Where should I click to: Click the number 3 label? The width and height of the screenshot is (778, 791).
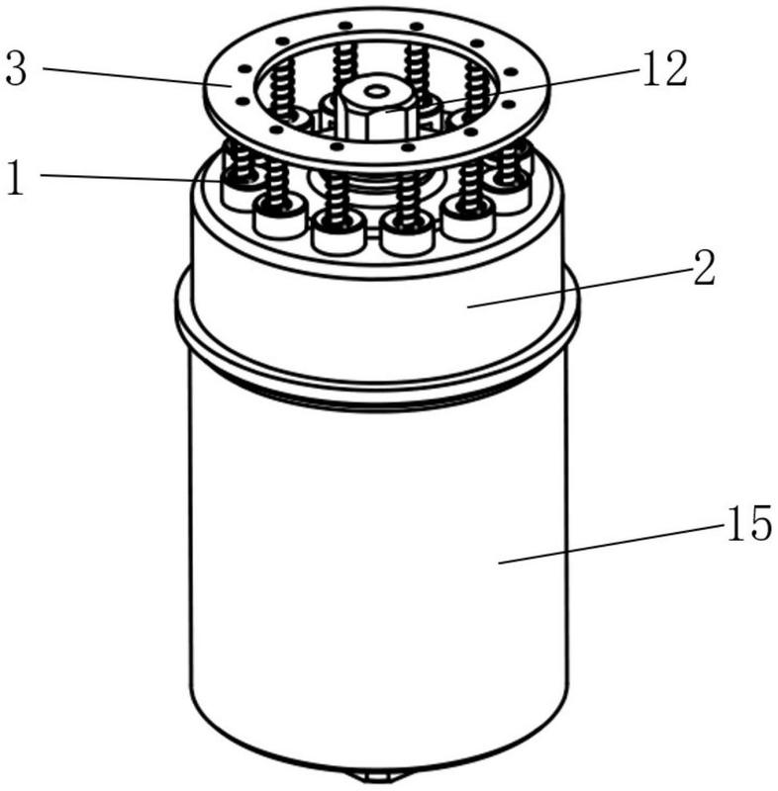pos(18,70)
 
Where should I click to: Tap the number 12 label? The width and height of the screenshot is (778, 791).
pos(662,70)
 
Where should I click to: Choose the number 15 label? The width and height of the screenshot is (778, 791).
pos(746,525)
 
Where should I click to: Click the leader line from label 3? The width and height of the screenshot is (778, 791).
pos(139,77)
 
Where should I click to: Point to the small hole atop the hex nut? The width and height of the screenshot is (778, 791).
pos(375,92)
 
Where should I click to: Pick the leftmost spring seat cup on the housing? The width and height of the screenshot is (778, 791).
pos(241,187)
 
